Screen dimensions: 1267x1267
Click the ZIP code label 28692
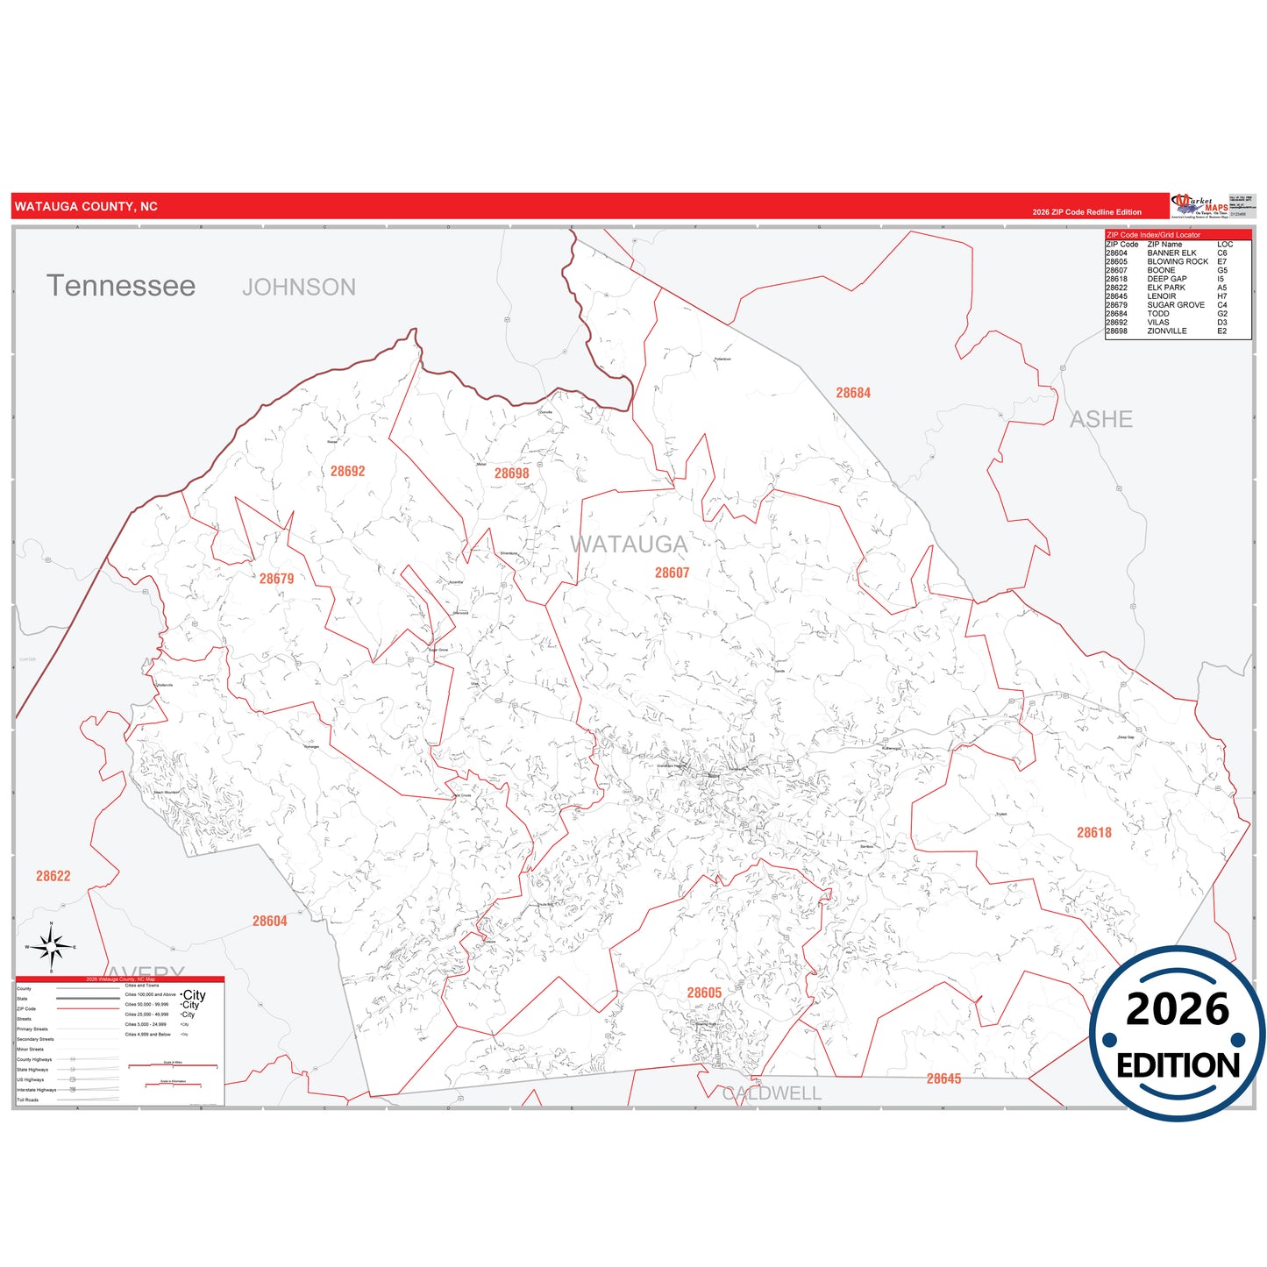coord(347,472)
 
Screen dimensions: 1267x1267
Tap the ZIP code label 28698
coord(511,473)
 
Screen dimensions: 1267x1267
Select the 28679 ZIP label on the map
coord(276,579)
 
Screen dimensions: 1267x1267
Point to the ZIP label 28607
coord(672,573)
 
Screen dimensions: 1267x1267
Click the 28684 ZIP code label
coord(852,393)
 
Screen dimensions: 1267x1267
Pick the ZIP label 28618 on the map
coord(1093,833)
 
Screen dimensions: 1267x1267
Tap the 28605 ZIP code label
coord(704,993)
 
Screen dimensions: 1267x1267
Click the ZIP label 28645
coord(943,1078)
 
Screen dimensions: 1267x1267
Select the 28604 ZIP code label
coord(269,921)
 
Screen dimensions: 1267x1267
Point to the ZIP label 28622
coord(53,876)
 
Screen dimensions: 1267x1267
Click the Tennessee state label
coord(121,286)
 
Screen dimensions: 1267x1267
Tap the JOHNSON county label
coord(299,288)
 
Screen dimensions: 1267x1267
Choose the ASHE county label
coord(1100,420)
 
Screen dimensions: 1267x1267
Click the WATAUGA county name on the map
coord(629,545)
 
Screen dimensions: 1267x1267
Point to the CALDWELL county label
coord(772,1093)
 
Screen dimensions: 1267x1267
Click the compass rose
coord(52,947)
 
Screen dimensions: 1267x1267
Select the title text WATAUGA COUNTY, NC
coord(86,207)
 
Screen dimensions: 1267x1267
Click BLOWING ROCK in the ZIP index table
coord(1177,261)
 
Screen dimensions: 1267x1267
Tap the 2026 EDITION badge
coord(1177,1034)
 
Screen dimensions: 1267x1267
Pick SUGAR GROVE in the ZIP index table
coord(1175,305)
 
